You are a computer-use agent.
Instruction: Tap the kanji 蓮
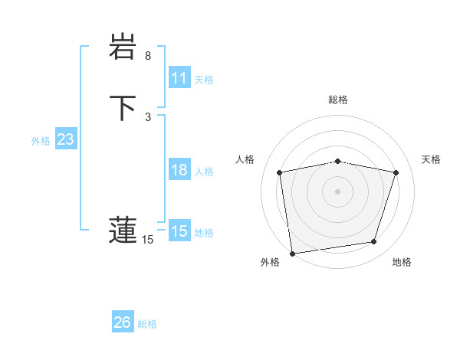tap(123, 229)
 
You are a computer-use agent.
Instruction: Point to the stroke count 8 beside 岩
tap(148, 56)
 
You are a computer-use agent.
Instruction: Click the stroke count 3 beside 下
tap(148, 116)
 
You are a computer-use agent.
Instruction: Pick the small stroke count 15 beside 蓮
tap(148, 240)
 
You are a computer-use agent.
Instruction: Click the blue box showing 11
tap(179, 78)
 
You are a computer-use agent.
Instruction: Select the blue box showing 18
tap(179, 170)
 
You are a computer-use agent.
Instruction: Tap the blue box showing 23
tap(65, 140)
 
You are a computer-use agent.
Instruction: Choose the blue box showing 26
tap(123, 322)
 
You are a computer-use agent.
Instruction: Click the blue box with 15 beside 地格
tap(179, 231)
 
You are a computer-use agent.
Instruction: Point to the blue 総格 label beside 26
tap(147, 324)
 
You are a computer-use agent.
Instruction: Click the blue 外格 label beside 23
tap(41, 141)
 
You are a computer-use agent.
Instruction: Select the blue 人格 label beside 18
tap(204, 172)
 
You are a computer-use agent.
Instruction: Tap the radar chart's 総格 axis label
tap(337, 100)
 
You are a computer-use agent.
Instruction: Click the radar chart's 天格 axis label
tap(432, 159)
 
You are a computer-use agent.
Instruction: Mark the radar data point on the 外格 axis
tap(292, 253)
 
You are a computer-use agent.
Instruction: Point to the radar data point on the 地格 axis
tap(374, 242)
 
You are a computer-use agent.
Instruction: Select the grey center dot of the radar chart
tap(337, 191)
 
